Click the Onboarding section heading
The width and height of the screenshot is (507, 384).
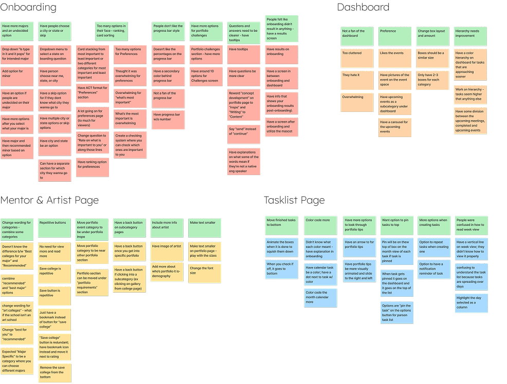point(28,8)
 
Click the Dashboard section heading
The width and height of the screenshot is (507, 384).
point(363,7)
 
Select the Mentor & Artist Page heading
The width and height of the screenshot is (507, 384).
point(49,200)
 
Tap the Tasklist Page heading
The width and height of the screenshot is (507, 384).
point(294,200)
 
